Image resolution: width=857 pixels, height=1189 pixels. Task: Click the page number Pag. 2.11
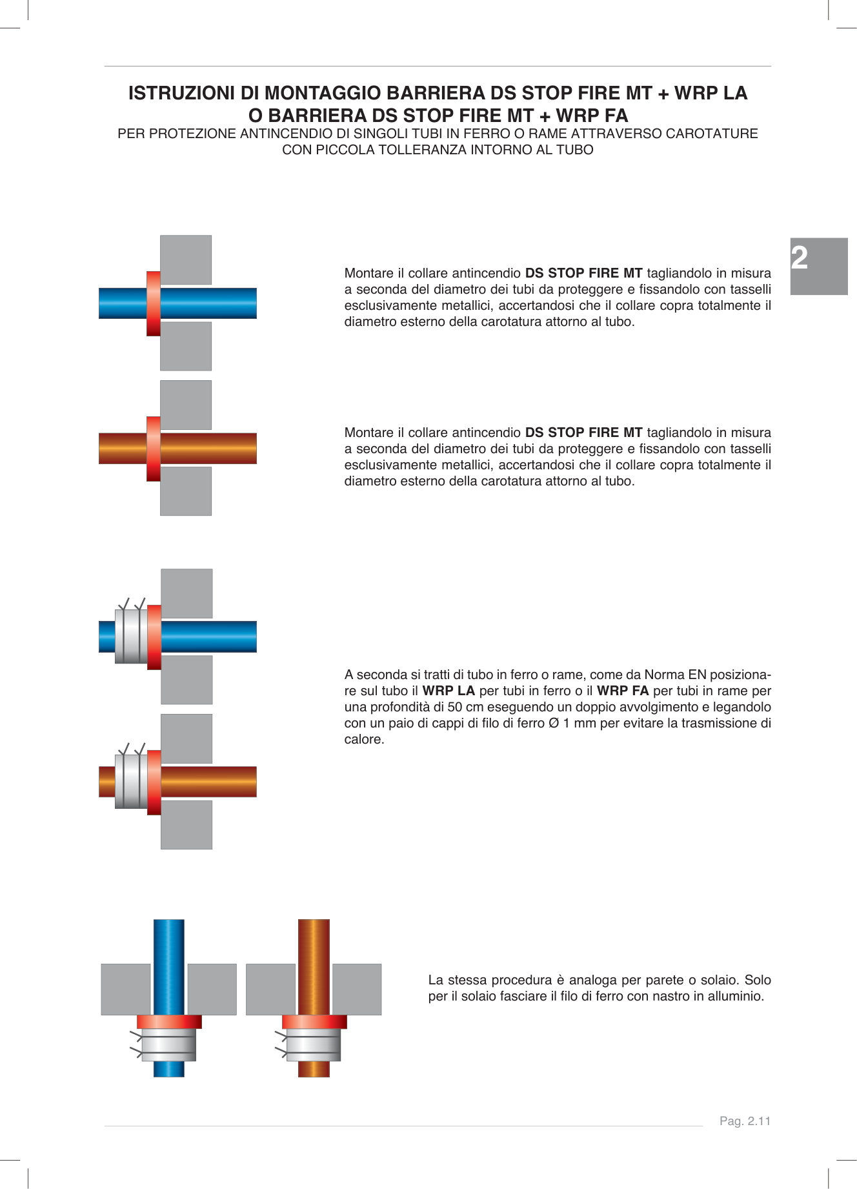(745, 1121)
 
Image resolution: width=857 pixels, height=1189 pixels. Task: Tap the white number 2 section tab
(800, 259)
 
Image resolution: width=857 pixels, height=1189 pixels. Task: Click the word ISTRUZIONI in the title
(182, 94)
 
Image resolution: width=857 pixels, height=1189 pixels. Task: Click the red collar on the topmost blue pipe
(154, 303)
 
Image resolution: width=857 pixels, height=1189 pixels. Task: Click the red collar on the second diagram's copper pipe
(154, 449)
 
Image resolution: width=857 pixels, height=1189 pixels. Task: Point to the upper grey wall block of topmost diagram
(186, 259)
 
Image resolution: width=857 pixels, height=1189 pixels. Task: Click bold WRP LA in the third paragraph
(449, 691)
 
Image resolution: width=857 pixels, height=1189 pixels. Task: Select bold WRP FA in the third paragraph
(623, 691)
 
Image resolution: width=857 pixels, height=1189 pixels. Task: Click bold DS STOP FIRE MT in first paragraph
(583, 273)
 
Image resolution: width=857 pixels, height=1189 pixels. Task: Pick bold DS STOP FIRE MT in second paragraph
(583, 432)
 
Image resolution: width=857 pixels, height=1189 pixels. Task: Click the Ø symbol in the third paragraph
(553, 723)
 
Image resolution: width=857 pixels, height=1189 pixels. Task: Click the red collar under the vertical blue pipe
(169, 1022)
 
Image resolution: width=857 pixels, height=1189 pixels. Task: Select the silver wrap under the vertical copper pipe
(314, 1044)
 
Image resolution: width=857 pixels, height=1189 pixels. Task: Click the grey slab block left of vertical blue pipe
(126, 989)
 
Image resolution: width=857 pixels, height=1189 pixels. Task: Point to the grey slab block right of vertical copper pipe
(357, 989)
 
